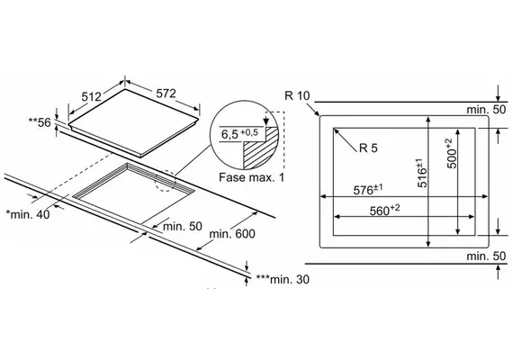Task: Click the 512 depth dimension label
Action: pos(91,96)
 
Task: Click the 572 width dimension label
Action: pos(166,94)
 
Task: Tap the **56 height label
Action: pos(40,122)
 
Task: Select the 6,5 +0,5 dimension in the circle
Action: pos(239,133)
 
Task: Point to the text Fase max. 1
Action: pos(251,177)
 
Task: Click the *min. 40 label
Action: pos(28,214)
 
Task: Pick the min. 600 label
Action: pos(232,234)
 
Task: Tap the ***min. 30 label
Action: pos(283,279)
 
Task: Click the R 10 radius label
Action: pos(297,95)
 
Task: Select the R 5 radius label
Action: pos(368,148)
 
